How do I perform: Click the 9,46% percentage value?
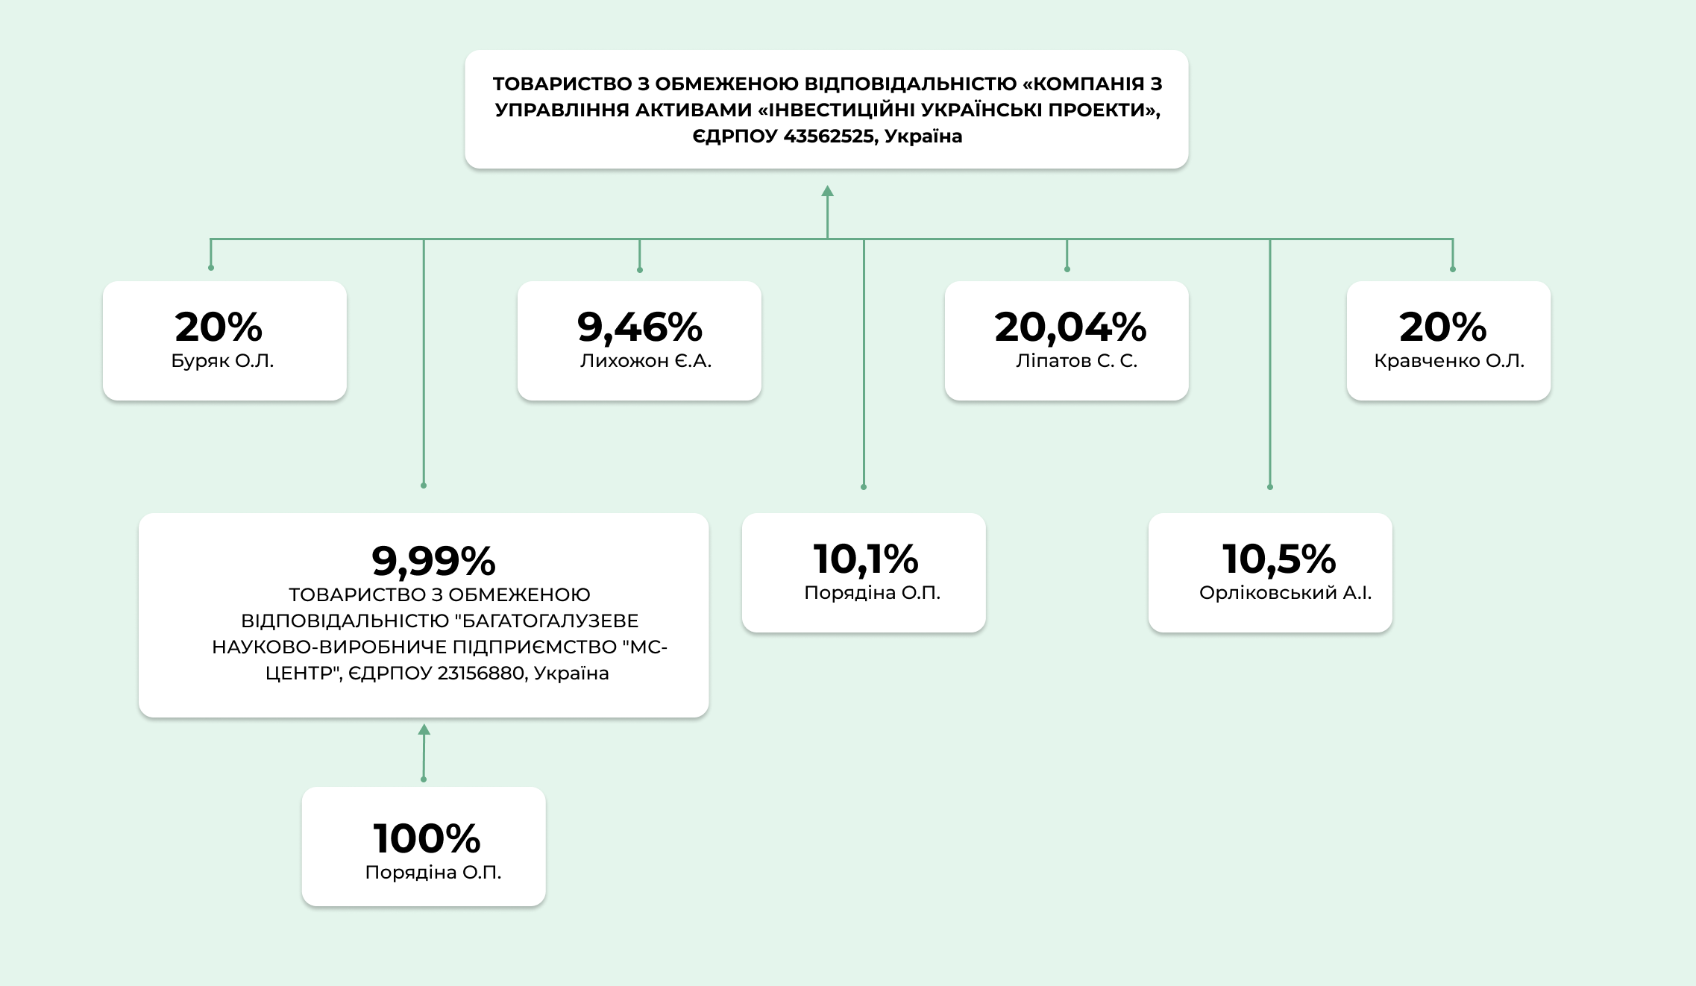(x=639, y=327)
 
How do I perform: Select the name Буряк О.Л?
(x=222, y=361)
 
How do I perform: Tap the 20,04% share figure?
(x=1070, y=327)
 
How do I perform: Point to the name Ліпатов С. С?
(x=1076, y=361)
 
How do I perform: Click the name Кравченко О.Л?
(x=1448, y=361)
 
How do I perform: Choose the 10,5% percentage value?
(x=1279, y=559)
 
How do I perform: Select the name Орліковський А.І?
(x=1285, y=593)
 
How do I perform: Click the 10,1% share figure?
(x=865, y=559)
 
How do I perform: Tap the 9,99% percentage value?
(x=433, y=561)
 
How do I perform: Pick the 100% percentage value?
(x=427, y=838)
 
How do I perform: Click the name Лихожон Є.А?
(x=646, y=361)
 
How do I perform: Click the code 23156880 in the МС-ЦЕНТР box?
(x=480, y=673)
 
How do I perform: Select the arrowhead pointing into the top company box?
(x=827, y=192)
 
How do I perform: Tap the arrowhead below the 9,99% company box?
(x=424, y=729)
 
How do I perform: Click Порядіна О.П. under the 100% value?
(x=433, y=873)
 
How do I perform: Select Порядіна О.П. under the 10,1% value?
(x=872, y=593)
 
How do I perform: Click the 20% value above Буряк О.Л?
(x=219, y=327)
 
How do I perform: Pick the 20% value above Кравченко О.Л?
(x=1442, y=327)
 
